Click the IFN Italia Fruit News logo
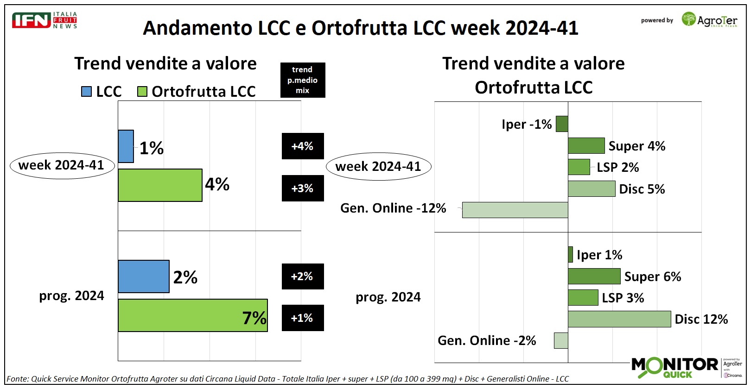tap(44, 20)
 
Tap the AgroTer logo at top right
tap(709, 20)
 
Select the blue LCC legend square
tap(86, 91)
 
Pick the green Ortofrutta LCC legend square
tap(142, 91)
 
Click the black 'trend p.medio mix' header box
tap(302, 80)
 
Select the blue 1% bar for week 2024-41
tap(126, 146)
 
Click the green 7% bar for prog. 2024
tap(192, 315)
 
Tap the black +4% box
tap(302, 146)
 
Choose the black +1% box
tap(302, 318)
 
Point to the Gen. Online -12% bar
tap(515, 210)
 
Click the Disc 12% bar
tap(619, 319)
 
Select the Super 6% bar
tap(594, 276)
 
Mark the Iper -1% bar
tap(562, 124)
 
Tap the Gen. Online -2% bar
tap(561, 340)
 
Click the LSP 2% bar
tap(578, 167)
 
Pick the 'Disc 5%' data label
tap(642, 189)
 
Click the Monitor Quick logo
tap(675, 367)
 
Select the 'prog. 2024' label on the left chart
tap(71, 295)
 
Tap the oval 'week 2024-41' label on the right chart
tap(378, 167)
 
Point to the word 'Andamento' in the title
tap(197, 28)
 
